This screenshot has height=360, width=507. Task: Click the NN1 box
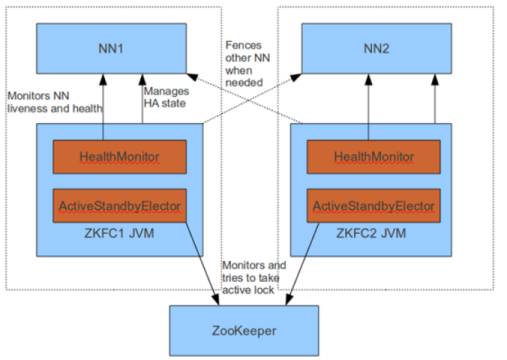tap(111, 49)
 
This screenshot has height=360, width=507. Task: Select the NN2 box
tap(377, 49)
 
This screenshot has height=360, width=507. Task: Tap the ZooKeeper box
tap(244, 331)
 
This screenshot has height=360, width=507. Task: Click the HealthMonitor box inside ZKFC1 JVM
tap(120, 157)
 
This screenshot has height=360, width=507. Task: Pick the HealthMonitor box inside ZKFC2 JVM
tap(374, 157)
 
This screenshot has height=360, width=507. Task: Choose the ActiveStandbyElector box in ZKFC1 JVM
tap(120, 206)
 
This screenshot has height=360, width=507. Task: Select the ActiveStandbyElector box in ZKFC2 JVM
tap(374, 206)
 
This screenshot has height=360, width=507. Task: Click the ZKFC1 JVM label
tap(119, 233)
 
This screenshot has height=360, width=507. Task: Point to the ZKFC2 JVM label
tap(371, 233)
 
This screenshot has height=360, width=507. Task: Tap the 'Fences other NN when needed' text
tap(248, 64)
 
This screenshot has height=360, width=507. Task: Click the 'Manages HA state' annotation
tap(166, 97)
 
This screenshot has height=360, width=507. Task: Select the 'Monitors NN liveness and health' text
tap(55, 102)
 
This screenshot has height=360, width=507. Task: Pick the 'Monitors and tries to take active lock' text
tap(254, 278)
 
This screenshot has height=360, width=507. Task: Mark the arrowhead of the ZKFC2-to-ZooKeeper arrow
tap(289, 299)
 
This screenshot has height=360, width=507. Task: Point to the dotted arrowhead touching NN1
tap(192, 77)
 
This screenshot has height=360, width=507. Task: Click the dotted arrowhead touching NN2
tap(296, 77)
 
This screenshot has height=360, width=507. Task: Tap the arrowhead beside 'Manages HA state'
tap(142, 79)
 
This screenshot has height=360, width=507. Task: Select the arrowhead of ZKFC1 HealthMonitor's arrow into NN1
tap(103, 79)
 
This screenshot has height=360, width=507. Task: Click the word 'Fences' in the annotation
tap(243, 45)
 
